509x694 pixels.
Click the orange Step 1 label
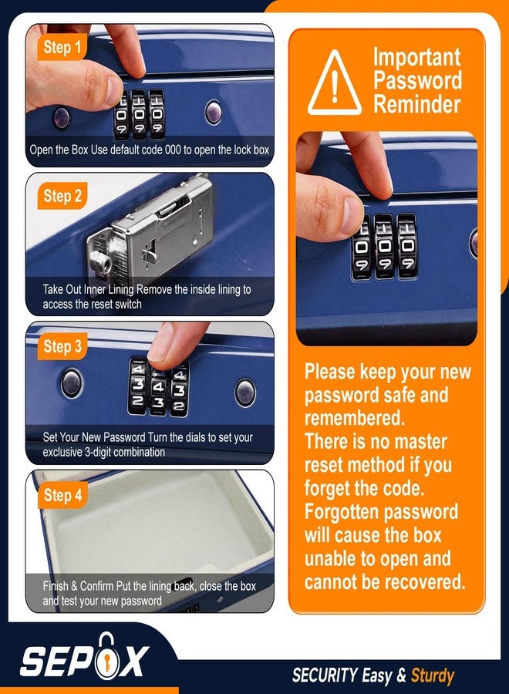tap(62, 47)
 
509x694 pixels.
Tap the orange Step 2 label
tap(62, 196)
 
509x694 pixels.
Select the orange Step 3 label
tap(62, 346)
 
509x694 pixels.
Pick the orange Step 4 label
tap(62, 495)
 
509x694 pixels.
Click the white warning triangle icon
tap(335, 84)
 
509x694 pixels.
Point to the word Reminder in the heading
tap(416, 104)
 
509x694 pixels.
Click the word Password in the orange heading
tap(417, 80)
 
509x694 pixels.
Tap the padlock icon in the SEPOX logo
tap(106, 656)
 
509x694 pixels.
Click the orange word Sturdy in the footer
tap(433, 675)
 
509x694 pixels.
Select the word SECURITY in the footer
tap(325, 675)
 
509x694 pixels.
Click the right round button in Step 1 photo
tap(214, 112)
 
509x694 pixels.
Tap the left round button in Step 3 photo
tap(72, 382)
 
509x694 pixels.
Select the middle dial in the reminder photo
tap(384, 247)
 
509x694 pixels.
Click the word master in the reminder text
tap(420, 442)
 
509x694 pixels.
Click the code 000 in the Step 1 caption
tap(173, 150)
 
